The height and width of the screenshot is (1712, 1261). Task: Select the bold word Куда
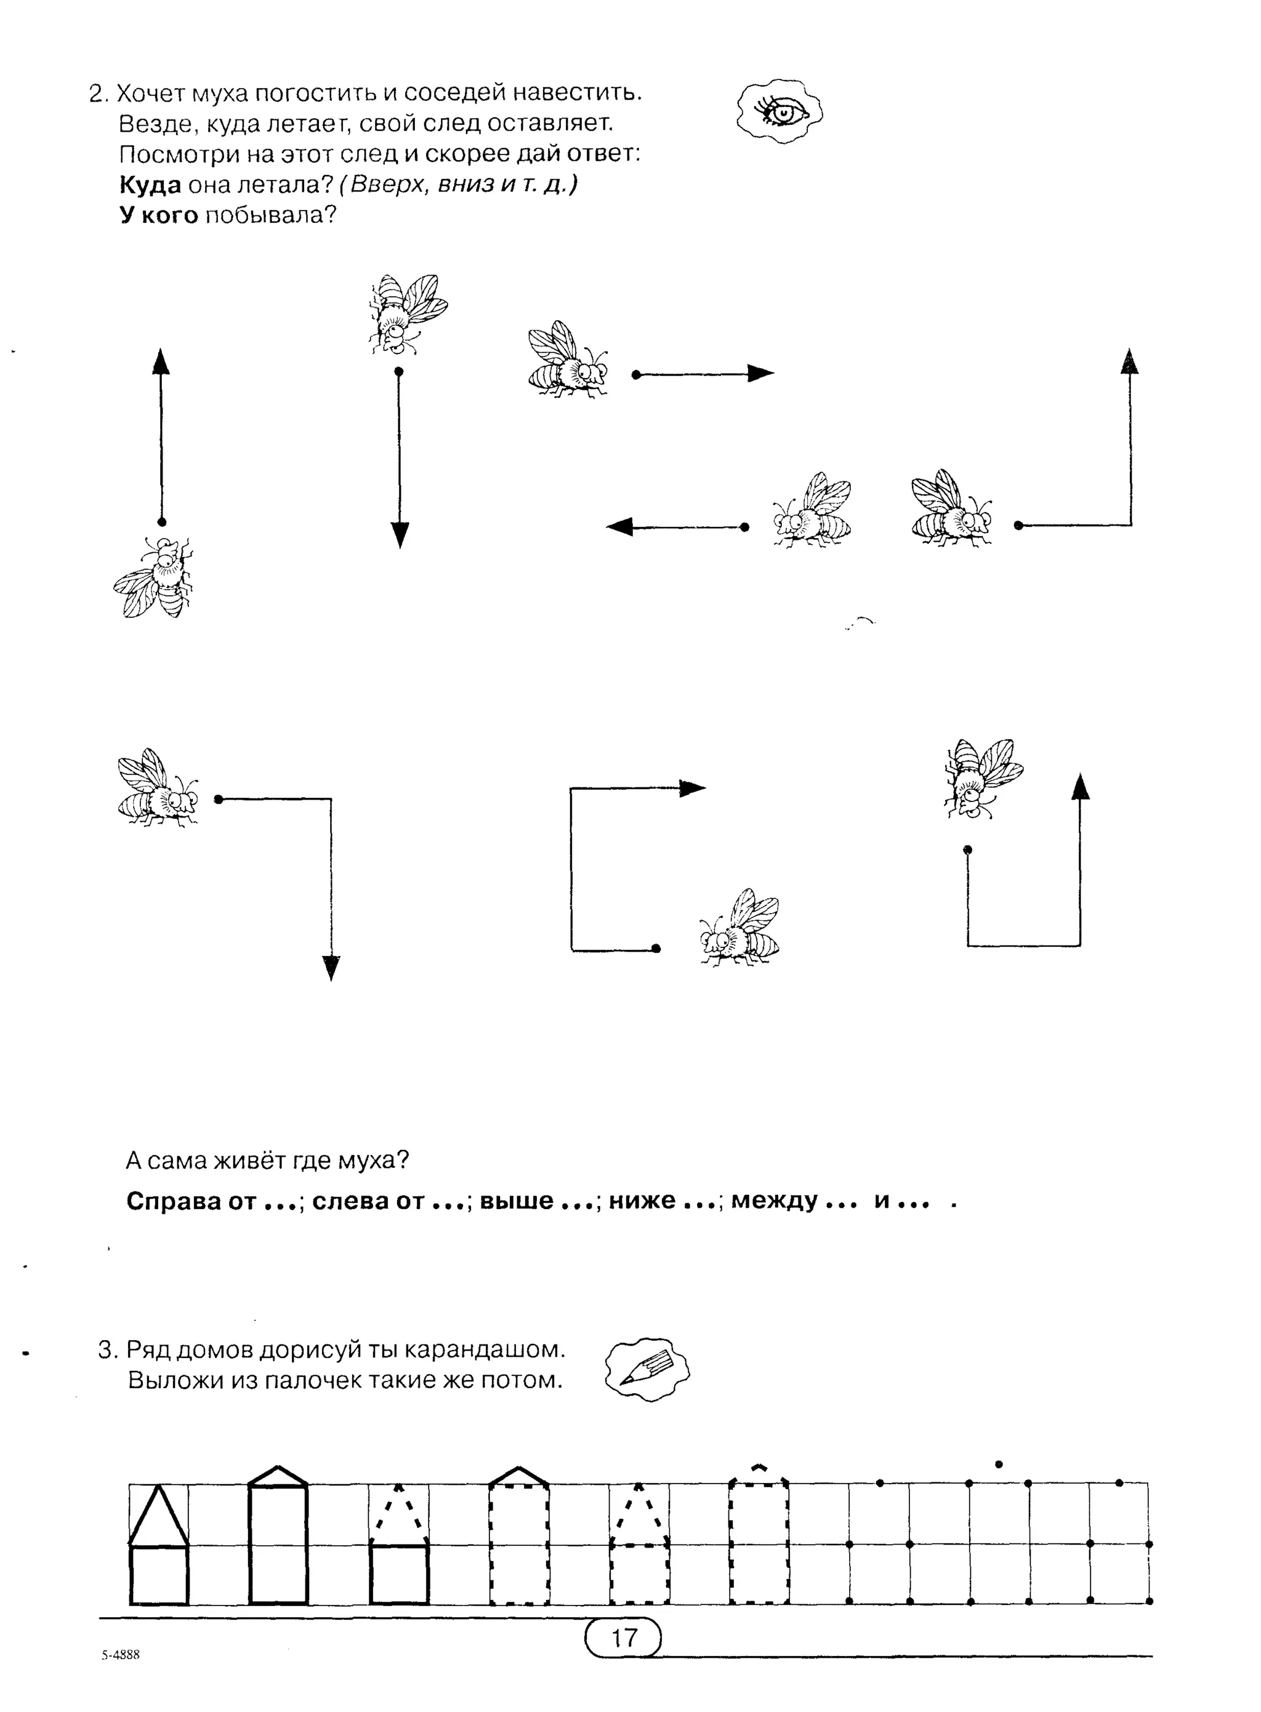click(150, 185)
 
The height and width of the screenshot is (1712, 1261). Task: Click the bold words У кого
click(159, 215)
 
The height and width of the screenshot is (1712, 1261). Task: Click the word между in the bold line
click(774, 1200)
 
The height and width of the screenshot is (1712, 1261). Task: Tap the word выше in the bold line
click(517, 1200)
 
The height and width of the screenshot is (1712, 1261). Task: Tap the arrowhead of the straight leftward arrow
click(621, 526)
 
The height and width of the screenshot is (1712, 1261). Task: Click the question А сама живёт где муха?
click(267, 1160)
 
